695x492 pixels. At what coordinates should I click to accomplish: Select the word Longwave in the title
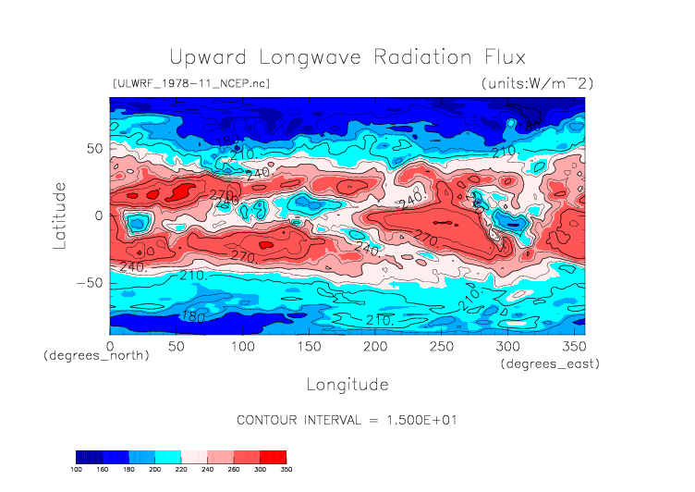coord(306,58)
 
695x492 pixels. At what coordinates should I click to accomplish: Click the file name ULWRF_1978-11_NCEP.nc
coord(190,83)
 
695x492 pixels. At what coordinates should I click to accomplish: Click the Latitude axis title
coord(60,215)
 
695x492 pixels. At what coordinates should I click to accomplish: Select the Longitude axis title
coord(347,384)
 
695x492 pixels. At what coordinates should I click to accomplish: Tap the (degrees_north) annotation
coord(96,355)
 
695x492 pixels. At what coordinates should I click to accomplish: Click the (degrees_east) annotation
coord(551,364)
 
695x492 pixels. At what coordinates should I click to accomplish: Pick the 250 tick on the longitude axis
coord(441,346)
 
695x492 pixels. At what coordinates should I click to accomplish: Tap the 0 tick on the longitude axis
coord(110,346)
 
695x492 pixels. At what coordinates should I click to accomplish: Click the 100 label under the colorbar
coord(77,469)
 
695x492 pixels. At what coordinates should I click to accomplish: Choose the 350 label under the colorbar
coord(286,469)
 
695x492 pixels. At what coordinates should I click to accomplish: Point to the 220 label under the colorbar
coord(181,469)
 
